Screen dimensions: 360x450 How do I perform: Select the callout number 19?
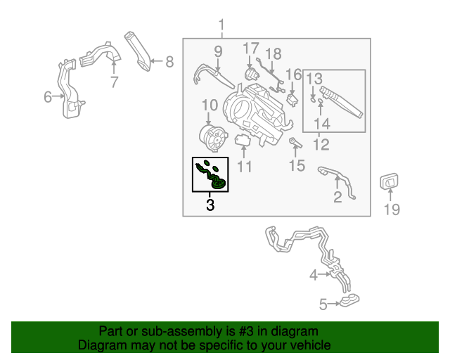392,209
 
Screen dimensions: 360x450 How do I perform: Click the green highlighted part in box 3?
212,175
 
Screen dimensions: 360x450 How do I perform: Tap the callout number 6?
48,97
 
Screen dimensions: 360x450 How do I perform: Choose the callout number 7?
114,82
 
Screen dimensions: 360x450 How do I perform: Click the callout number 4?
314,276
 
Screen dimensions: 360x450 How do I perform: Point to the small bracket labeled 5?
349,302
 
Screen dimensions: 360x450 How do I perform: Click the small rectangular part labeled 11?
243,141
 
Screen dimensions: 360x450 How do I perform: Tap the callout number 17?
251,48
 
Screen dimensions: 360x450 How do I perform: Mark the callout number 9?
217,51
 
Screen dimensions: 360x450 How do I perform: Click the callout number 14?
321,124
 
